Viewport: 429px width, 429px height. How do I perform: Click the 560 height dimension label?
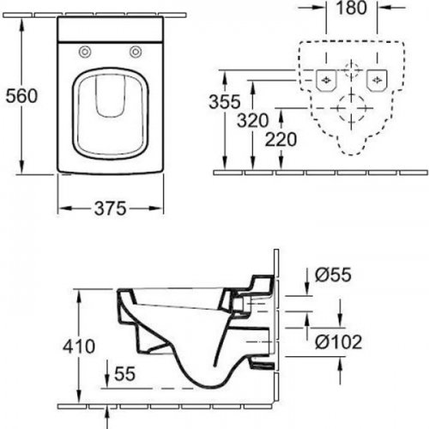point(21,96)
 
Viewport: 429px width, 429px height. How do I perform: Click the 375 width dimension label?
point(110,208)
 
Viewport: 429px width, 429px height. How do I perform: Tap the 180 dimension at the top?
point(352,8)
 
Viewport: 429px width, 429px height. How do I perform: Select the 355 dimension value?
point(225,101)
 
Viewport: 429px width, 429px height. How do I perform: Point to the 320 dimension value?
point(253,120)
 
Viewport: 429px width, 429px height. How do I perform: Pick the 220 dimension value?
point(281,139)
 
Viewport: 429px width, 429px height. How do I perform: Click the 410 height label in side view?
point(79,347)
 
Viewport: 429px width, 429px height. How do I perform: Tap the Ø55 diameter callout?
point(333,275)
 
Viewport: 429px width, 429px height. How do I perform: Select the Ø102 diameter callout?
point(339,341)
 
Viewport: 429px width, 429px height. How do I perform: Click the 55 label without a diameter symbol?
point(124,373)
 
